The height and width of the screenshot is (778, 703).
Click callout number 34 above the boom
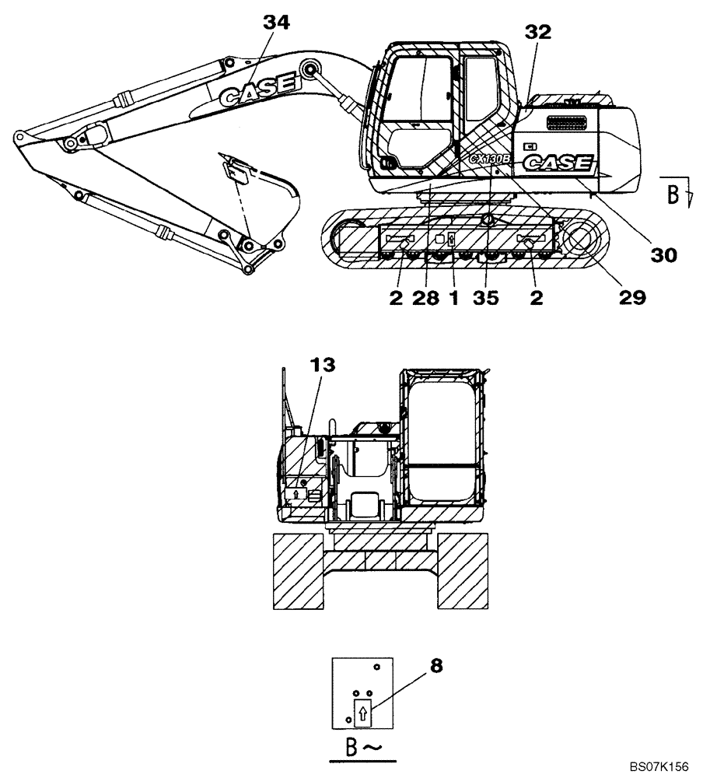[276, 24]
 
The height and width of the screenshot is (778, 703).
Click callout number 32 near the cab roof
[537, 32]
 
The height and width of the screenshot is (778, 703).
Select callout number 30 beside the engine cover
[663, 254]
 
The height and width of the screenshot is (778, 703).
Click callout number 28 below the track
[426, 297]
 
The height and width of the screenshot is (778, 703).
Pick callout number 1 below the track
[453, 297]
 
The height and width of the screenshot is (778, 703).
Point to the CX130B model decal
[489, 159]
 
